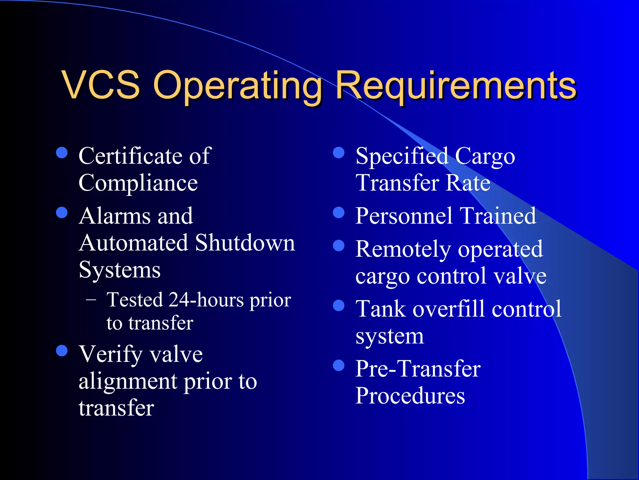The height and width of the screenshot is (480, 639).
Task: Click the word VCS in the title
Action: click(101, 85)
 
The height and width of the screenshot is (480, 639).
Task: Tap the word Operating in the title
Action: click(237, 86)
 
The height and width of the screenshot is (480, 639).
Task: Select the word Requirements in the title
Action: click(456, 86)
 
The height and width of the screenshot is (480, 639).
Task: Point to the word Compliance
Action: click(138, 183)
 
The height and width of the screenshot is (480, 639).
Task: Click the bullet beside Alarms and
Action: click(62, 213)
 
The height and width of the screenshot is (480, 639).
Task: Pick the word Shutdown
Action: click(245, 243)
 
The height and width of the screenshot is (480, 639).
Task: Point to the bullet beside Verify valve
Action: click(62, 351)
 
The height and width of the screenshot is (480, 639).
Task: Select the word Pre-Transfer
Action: click(418, 369)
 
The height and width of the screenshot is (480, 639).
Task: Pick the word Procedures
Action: click(410, 396)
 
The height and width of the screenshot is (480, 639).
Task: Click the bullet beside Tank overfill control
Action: click(339, 306)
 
